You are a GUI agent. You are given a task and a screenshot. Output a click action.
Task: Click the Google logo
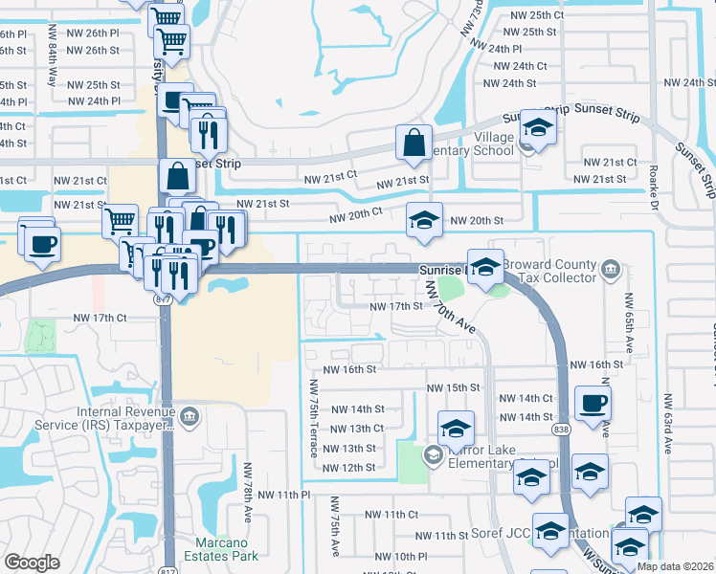pos(32,563)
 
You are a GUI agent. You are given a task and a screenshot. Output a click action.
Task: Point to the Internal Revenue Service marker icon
pos(190,415)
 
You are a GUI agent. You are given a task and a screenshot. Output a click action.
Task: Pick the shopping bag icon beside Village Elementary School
pos(414,143)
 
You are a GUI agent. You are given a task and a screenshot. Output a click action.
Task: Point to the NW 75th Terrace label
pos(315,417)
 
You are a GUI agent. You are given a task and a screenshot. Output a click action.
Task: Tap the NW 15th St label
pos(453,387)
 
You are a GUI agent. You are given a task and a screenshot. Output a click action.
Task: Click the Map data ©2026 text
pos(674,566)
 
